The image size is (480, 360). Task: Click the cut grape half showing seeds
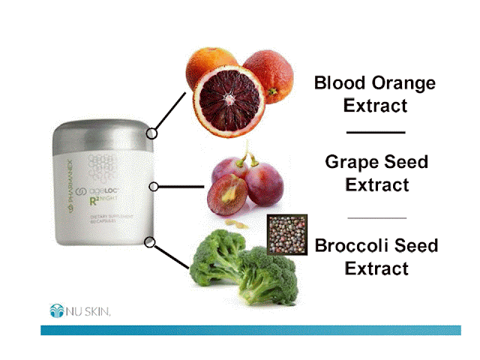coord(227,194)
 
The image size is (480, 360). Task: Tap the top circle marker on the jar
coord(151,133)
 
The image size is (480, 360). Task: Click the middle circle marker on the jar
coord(153,186)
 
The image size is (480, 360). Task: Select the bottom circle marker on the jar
coord(150,242)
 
